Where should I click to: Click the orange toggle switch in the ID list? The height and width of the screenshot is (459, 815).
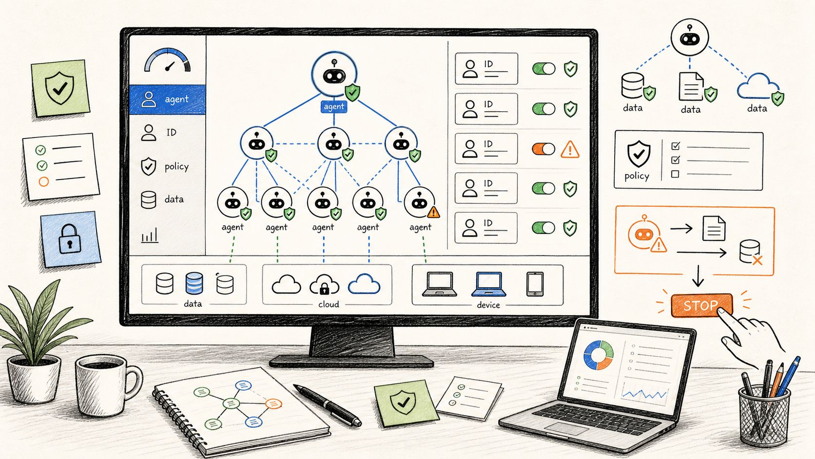(x=543, y=149)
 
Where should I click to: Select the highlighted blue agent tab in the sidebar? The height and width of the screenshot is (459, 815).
(x=168, y=100)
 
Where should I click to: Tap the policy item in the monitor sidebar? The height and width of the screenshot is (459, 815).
(x=165, y=167)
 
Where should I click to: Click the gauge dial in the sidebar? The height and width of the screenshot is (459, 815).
(x=167, y=60)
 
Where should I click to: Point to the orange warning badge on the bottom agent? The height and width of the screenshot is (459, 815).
(x=433, y=212)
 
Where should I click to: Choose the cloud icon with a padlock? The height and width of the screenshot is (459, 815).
(x=324, y=284)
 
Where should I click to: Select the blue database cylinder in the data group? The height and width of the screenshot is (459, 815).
(x=194, y=283)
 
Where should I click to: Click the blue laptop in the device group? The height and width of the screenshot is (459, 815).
(x=488, y=284)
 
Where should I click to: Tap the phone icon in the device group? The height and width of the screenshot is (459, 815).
(x=535, y=284)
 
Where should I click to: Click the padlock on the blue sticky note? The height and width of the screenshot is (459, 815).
(x=70, y=239)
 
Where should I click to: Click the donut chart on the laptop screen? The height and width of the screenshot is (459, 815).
(x=599, y=355)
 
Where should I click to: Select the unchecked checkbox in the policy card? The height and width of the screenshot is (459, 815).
(x=675, y=174)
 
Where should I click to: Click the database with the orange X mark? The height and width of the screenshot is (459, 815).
(x=751, y=252)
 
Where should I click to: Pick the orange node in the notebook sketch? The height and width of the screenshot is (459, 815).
(x=273, y=403)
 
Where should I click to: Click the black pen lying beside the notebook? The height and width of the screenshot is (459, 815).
(x=328, y=405)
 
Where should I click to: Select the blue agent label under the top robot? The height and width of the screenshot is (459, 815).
(x=333, y=107)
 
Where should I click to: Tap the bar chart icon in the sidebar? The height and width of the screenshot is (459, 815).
(x=150, y=236)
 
